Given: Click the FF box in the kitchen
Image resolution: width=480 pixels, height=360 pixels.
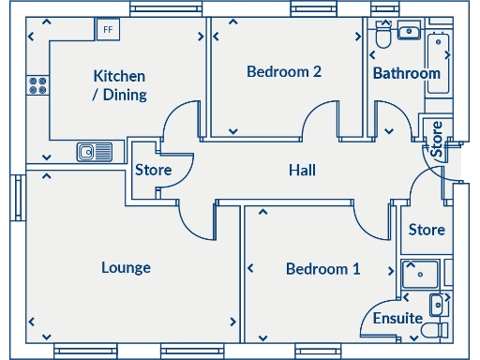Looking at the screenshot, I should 108,29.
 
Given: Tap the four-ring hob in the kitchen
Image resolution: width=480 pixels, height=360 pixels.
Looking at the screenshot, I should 38,85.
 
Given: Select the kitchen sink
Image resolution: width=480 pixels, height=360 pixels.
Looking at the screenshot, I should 96,151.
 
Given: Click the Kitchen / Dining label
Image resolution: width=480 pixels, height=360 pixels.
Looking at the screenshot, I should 119,84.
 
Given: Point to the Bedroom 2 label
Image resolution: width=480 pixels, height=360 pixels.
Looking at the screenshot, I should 284,71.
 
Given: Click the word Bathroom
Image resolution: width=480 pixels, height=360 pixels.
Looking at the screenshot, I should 406,73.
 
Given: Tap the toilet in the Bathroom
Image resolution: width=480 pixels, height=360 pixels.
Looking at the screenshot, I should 382,37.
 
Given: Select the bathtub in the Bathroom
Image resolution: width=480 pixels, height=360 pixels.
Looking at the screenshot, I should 439,62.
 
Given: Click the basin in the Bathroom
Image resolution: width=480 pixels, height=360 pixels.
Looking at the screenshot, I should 410,33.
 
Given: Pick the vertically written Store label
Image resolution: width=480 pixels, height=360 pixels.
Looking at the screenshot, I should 436,138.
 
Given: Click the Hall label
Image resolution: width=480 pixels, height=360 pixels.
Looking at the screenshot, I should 302,171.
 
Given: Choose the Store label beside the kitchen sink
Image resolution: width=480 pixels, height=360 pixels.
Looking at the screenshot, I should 153,171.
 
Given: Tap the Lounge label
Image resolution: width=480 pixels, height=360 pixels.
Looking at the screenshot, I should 126,268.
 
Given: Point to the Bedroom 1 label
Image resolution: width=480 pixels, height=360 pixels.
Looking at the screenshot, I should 322,269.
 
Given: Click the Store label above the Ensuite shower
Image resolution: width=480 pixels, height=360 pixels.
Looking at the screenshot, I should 427,230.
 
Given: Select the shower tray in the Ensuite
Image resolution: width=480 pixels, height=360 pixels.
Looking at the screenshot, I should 419,277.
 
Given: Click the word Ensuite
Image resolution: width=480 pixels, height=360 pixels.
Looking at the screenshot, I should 397,319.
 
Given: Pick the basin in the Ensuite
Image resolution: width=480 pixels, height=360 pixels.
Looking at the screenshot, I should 437,305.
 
